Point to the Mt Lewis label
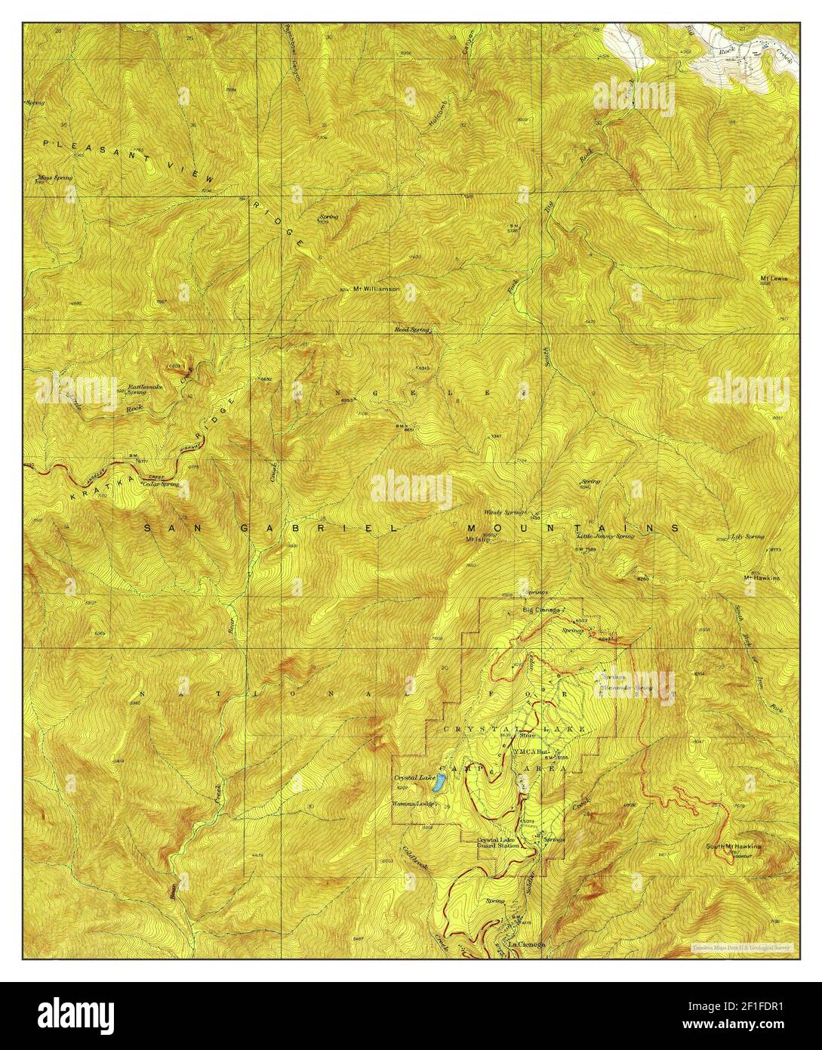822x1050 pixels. pos(774,278)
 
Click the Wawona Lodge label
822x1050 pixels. pos(411,804)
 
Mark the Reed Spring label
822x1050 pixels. pos(412,330)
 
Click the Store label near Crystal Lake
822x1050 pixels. pos(526,733)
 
